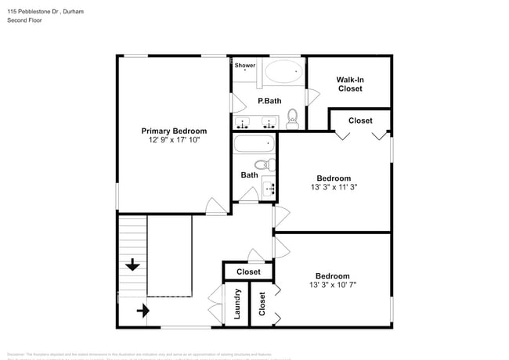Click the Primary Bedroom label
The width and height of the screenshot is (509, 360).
pos(173,131)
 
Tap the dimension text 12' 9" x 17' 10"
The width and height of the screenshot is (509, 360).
pos(173,140)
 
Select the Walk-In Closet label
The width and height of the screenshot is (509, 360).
pos(350,85)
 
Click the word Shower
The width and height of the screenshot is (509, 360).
pos(245,66)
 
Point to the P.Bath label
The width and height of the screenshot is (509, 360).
pos(269,101)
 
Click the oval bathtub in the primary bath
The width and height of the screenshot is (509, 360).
pos(283,73)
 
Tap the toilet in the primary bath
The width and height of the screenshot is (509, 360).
pos(293,119)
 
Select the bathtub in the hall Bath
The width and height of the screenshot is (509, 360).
pos(254,145)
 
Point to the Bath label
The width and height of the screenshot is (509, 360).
pos(249,175)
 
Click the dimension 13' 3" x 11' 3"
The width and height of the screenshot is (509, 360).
pos(333,188)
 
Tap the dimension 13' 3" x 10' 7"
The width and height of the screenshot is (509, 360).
pos(332,286)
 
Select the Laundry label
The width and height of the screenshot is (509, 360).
pos(236,304)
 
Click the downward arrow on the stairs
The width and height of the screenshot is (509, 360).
pos(132,265)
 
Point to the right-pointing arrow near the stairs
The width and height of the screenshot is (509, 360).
pos(143,311)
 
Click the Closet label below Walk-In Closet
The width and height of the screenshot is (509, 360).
pos(360,121)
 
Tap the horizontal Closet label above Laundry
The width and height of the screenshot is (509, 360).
pos(248,272)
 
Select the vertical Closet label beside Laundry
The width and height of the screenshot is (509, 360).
pos(262,304)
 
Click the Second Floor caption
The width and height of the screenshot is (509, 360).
pos(24,21)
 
